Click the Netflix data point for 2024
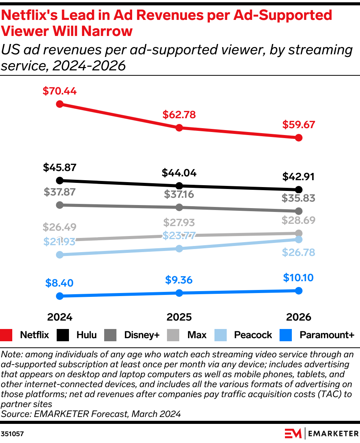pos(59,104)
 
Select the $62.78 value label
pos(179,115)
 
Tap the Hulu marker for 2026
pos(299,189)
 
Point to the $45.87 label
pos(59,168)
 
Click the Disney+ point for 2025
pos(179,207)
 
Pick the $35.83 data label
pos(298,199)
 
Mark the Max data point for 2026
pos(299,233)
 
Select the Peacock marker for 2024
pos(59,255)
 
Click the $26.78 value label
pos(298,252)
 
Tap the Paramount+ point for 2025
pos(179,293)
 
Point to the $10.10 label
pos(298,278)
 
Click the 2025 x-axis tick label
pos(179,318)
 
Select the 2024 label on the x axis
pos(60,318)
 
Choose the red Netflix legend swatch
pos(7,335)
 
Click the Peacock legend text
pos(253,335)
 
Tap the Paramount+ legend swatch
pos(286,335)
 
